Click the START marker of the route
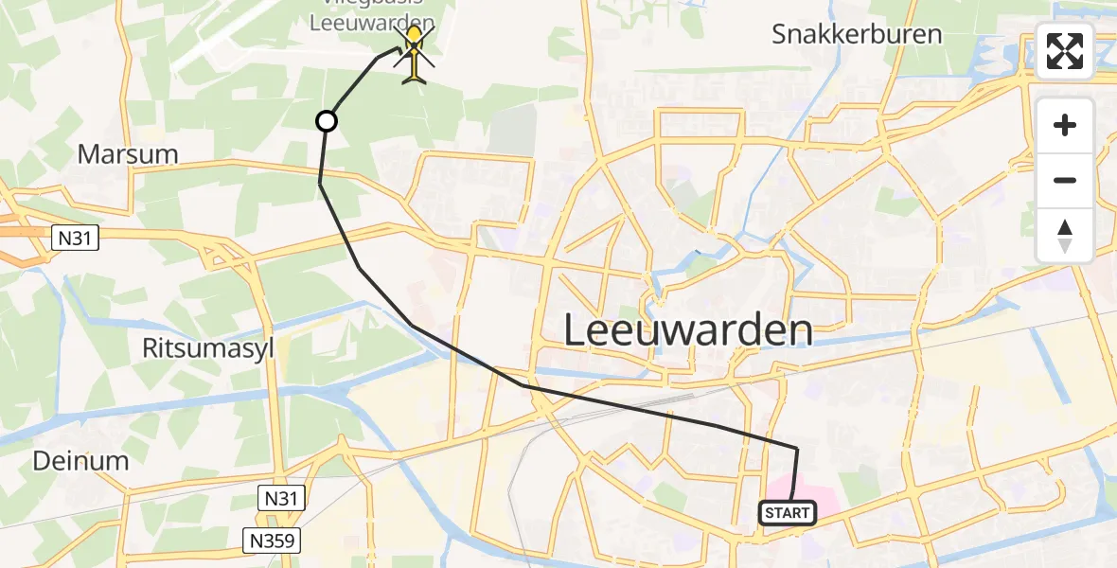tap(786, 513)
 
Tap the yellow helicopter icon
tap(415, 54)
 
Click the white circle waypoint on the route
tap(326, 121)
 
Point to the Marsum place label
tap(128, 154)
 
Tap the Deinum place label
tap(80, 461)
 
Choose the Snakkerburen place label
tap(857, 35)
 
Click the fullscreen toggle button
tap(1065, 51)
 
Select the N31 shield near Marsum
tap(74, 238)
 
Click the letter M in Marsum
tap(88, 154)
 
